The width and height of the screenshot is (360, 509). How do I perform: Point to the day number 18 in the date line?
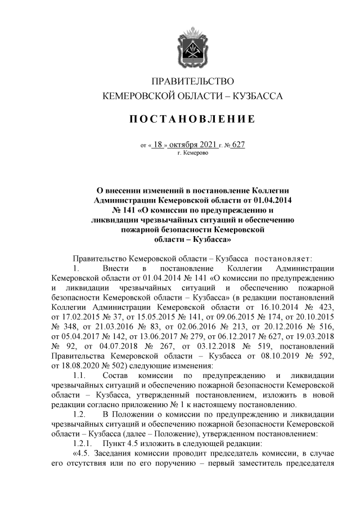(157, 145)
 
